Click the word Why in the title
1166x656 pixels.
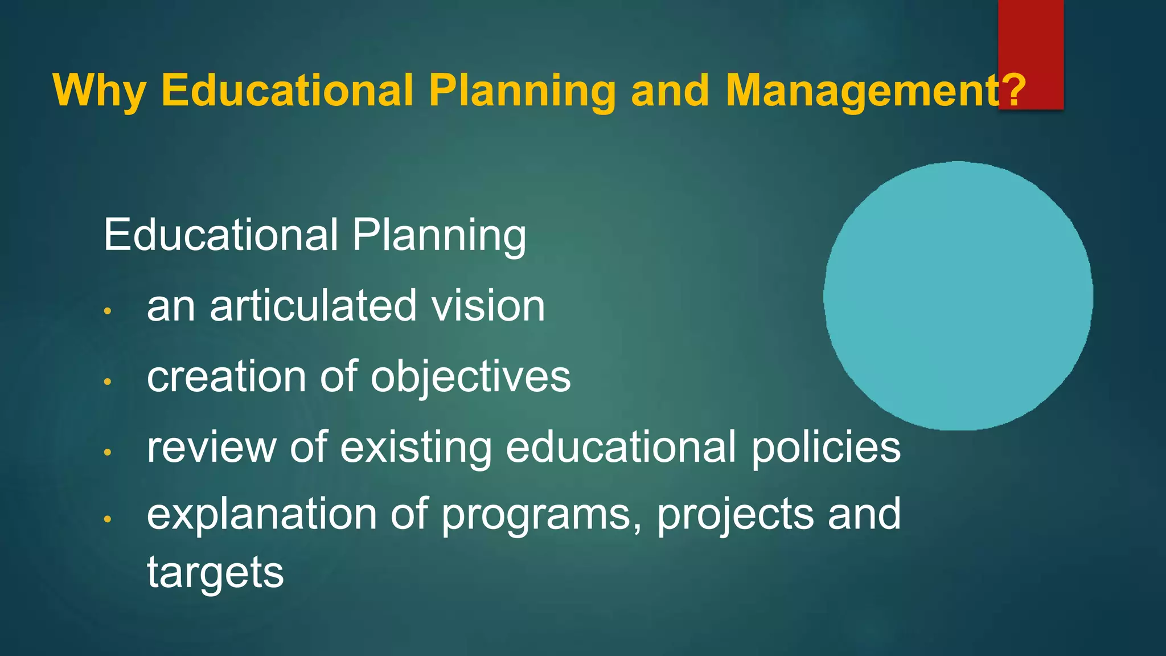[100, 91]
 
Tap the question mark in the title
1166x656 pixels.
[1013, 91]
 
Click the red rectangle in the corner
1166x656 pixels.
[1030, 34]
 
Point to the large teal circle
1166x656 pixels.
[958, 296]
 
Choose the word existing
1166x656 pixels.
[416, 448]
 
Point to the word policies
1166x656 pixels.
[826, 448]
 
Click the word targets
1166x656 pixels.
[215, 573]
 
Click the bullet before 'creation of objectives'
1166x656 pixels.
[107, 382]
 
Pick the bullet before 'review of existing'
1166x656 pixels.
[107, 452]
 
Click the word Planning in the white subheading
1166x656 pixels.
[439, 236]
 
